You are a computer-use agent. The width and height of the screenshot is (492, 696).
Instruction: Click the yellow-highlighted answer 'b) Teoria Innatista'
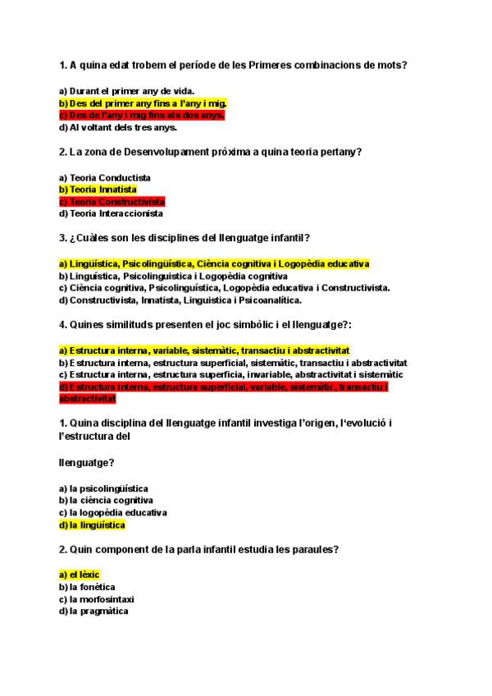(98, 189)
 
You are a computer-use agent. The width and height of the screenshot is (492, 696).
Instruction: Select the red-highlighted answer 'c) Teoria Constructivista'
(112, 201)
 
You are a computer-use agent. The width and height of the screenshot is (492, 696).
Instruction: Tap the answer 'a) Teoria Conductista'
(105, 177)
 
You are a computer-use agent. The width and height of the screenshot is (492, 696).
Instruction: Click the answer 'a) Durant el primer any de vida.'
(127, 90)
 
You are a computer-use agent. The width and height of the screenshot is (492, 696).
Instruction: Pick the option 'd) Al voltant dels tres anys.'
(118, 127)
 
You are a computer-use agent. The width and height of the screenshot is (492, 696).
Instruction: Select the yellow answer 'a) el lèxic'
(80, 575)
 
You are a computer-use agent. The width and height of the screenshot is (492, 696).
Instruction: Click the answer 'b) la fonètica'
(87, 587)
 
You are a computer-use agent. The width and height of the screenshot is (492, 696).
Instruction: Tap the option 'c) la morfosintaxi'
(96, 599)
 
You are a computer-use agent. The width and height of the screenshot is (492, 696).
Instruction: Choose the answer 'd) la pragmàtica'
(93, 611)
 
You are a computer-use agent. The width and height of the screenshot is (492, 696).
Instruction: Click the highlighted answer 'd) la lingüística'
(92, 524)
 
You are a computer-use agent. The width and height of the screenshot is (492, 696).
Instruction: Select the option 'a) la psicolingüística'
(103, 488)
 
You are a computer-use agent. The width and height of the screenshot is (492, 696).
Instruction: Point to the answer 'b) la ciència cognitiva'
(106, 500)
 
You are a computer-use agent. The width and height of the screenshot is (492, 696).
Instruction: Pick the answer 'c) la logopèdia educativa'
(112, 512)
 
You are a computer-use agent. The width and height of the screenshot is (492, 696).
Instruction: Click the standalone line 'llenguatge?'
(86, 462)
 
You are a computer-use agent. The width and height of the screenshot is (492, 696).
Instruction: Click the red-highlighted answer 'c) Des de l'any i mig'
(141, 115)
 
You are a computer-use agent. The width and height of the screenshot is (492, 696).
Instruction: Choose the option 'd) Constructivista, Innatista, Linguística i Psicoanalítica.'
(180, 300)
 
